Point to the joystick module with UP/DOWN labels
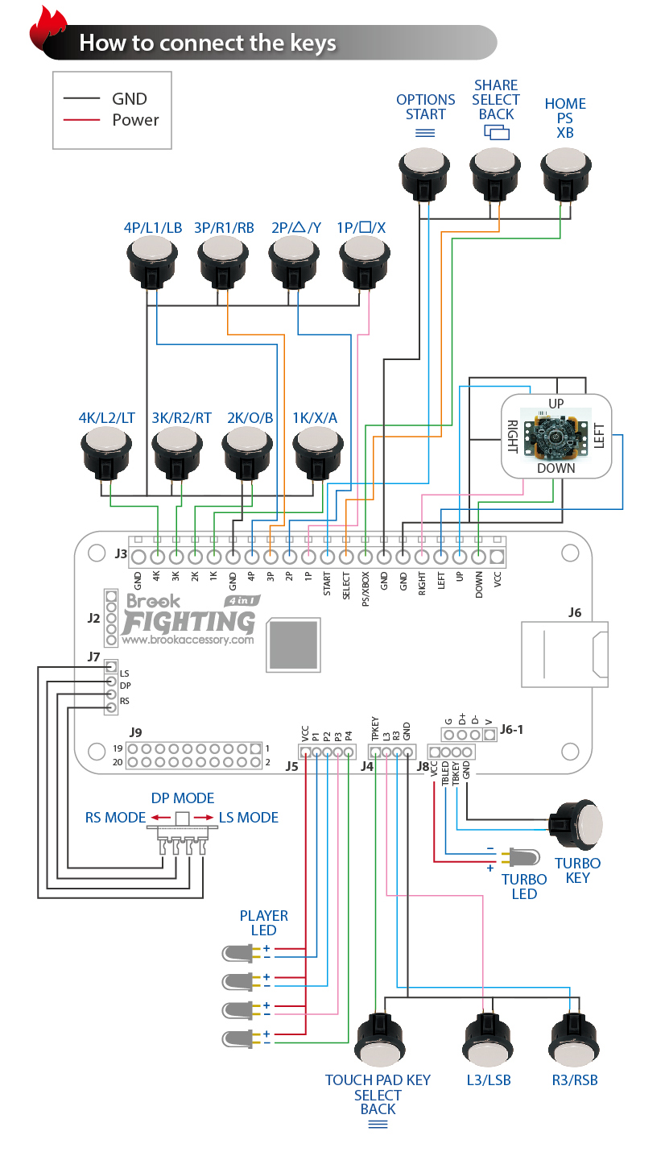pos(556,435)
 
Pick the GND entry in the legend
pos(128,98)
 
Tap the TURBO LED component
pos(521,857)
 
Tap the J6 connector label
pos(574,612)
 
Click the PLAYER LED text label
pos(263,922)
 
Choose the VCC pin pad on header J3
pos(498,557)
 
